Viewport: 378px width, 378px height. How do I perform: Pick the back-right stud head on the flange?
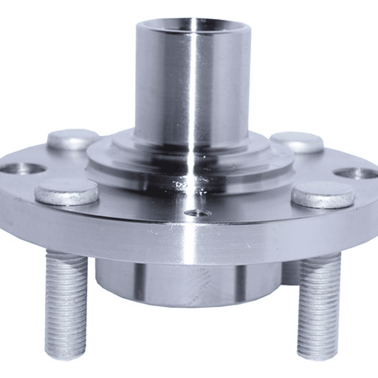[x=297, y=142]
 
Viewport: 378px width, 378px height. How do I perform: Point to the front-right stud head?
[x=323, y=195]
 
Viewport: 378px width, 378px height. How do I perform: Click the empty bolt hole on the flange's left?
[x=23, y=169]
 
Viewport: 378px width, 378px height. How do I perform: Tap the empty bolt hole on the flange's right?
[x=356, y=173]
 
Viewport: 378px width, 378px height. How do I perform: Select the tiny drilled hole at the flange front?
[x=198, y=213]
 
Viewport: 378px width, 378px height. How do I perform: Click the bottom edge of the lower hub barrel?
[x=189, y=304]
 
